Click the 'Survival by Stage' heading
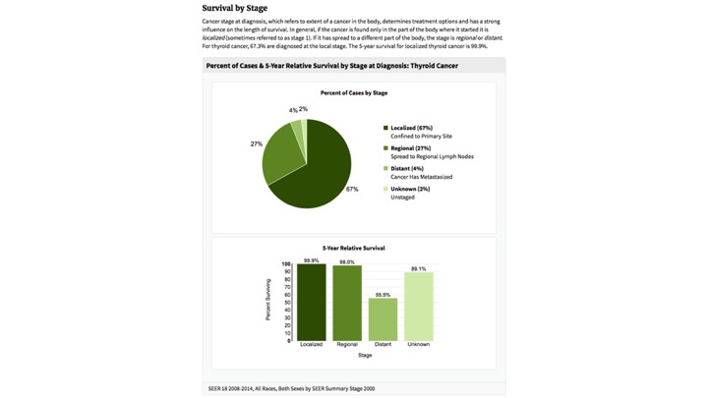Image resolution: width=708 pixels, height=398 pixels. [x=234, y=8]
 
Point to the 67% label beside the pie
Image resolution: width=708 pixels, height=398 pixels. [x=352, y=189]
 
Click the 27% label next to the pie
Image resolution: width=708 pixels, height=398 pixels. [x=256, y=143]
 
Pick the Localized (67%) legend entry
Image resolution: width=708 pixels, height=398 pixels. [x=411, y=128]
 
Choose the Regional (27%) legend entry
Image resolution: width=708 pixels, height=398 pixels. [x=410, y=148]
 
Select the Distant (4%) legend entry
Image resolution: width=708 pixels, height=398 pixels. [x=406, y=168]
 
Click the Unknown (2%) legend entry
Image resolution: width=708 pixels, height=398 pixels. [x=409, y=189]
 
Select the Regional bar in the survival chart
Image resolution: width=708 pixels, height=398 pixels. [x=347, y=304]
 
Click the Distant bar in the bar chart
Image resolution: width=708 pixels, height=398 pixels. [x=383, y=319]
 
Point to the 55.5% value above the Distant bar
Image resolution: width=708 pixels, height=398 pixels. [x=383, y=295]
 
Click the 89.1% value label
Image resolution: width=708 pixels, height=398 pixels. [x=418, y=268]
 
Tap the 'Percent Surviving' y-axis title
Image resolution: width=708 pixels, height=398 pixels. [x=267, y=300]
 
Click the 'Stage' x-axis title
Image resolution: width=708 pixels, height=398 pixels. [x=365, y=355]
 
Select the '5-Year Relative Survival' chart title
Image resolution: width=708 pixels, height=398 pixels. [x=353, y=248]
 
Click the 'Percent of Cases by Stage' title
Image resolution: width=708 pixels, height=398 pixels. [x=353, y=93]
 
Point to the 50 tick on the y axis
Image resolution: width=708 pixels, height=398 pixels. [x=287, y=303]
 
